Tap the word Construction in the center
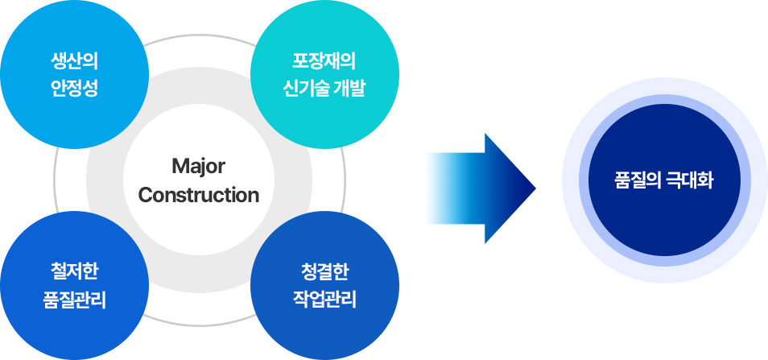[198, 196]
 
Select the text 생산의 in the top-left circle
[74, 62]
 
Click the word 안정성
[74, 89]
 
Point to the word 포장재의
[324, 62]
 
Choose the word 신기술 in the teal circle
[306, 89]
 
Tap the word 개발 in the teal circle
[350, 89]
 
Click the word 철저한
[74, 272]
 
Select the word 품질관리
[74, 300]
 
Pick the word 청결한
[324, 272]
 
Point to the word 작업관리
[324, 300]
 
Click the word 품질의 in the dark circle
[638, 180]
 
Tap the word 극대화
[690, 180]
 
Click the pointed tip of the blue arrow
[535, 188]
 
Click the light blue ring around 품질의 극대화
[665, 100]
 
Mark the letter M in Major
[180, 167]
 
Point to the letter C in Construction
[145, 196]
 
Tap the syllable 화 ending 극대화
[706, 180]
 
